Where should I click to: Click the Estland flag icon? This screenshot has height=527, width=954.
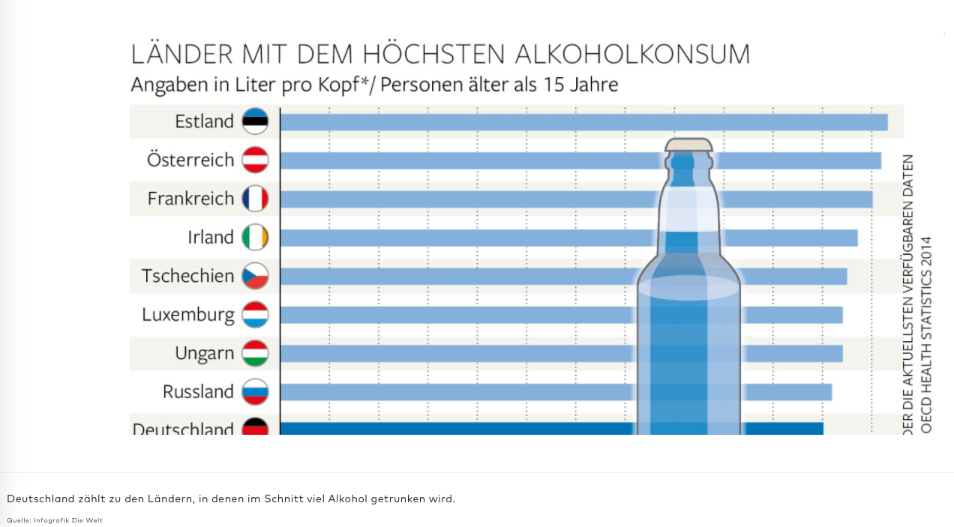pos(255,121)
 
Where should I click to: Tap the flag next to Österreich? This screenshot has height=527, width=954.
pos(255,160)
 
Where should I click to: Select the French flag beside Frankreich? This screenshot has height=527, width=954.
pos(255,199)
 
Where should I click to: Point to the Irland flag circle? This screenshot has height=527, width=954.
pos(255,238)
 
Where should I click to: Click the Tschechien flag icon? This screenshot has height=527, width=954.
pos(255,276)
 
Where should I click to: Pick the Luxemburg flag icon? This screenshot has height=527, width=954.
pos(255,315)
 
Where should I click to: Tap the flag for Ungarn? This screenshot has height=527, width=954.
pos(255,353)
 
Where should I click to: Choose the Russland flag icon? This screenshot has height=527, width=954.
pos(255,392)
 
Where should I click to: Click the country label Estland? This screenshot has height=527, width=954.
pos(204,121)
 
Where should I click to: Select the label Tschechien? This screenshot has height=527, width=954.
pos(187,276)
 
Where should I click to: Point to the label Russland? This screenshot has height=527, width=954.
pos(198,392)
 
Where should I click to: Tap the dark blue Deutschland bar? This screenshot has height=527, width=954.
pos(450,429)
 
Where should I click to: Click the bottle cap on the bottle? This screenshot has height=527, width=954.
pos(688,145)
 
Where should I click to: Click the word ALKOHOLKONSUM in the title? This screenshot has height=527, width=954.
pos(632,55)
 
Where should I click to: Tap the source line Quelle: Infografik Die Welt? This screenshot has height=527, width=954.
pos(55,520)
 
